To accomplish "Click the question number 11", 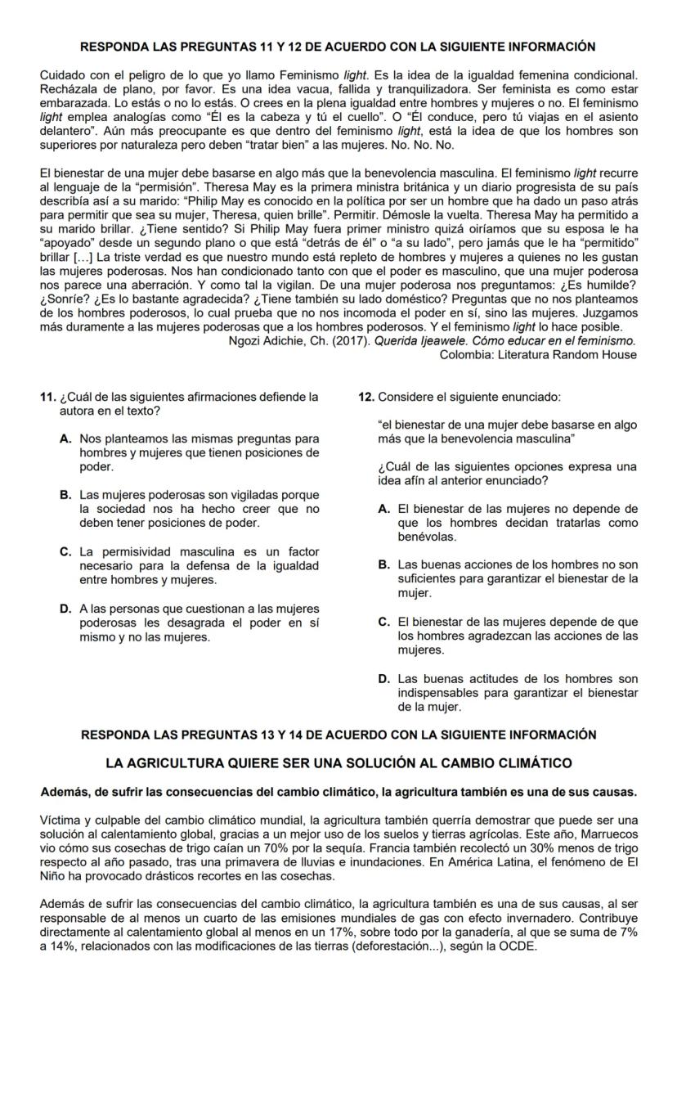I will coord(47,397).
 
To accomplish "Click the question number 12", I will coord(366,397).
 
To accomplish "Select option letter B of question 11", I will coord(65,495).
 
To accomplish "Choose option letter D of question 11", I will coord(65,609).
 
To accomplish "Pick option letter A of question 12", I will coord(383,509).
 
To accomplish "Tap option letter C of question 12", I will coord(383,622).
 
